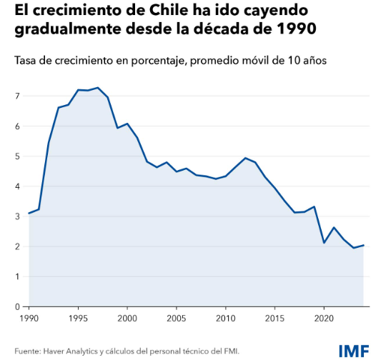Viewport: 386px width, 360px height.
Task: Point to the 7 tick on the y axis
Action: pyautogui.click(x=17, y=96)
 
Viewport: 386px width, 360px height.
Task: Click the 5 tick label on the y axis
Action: pyautogui.click(x=17, y=156)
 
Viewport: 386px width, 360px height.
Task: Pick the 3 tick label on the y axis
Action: pyautogui.click(x=17, y=216)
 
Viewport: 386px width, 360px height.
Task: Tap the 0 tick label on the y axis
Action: pyautogui.click(x=17, y=306)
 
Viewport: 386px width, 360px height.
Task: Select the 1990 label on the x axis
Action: pyautogui.click(x=29, y=317)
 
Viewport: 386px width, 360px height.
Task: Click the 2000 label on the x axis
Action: pyautogui.click(x=127, y=317)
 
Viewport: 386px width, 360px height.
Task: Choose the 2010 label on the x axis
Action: pyautogui.click(x=226, y=317)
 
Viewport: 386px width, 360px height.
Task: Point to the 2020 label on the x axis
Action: pyautogui.click(x=325, y=317)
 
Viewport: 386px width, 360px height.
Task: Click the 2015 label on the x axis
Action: pyautogui.click(x=275, y=317)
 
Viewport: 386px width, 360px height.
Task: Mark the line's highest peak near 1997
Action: pyautogui.click(x=98, y=88)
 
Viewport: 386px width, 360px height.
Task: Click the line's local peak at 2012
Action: pyautogui.click(x=245, y=158)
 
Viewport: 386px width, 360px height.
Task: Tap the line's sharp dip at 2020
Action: pyautogui.click(x=325, y=243)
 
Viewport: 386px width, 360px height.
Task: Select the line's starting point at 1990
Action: pyautogui.click(x=29, y=213)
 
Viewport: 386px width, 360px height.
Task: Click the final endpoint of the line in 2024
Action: pyautogui.click(x=364, y=245)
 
